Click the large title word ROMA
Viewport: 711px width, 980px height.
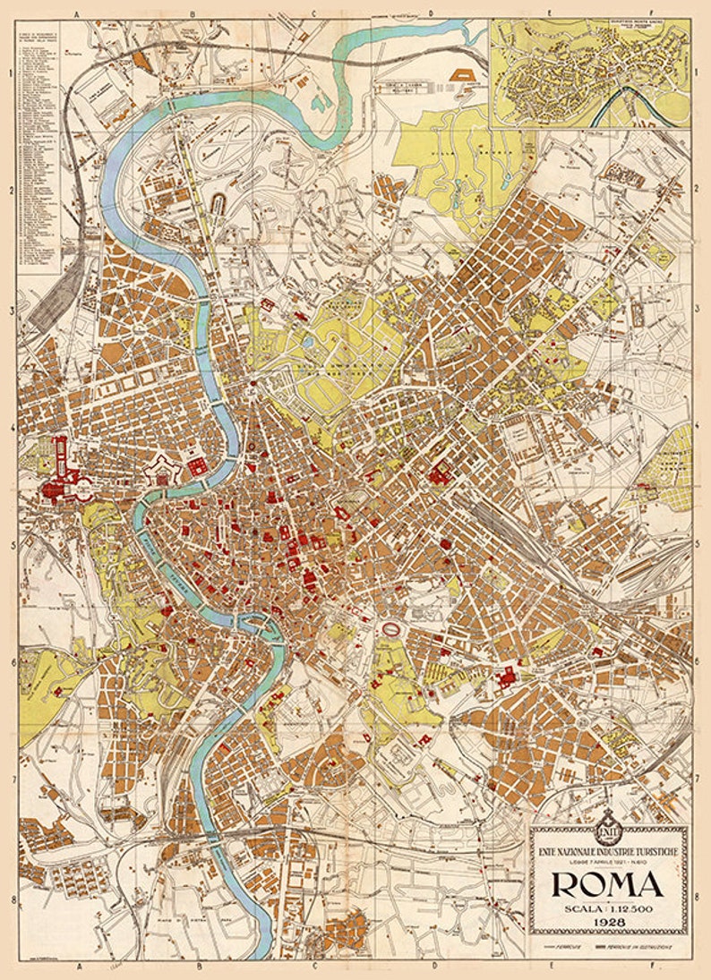pos(607,883)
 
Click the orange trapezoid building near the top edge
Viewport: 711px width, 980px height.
pos(467,75)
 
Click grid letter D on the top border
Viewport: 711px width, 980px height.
pos(431,13)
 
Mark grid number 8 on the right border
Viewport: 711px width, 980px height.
pos(697,895)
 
